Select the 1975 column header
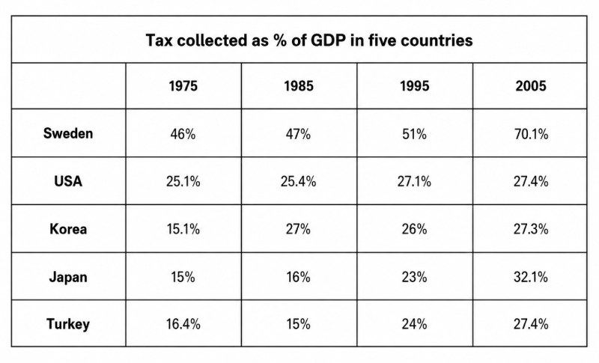(183, 86)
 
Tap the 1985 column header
(299, 86)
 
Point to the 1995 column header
(415, 86)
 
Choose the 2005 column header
(531, 86)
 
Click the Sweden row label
(68, 133)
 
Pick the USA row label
(68, 181)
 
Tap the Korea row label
(68, 229)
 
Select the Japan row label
(68, 277)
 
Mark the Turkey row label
(68, 324)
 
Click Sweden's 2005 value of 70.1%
(531, 134)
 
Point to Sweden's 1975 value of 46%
(183, 134)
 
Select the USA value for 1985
(298, 181)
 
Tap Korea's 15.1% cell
(183, 229)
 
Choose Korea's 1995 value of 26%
(414, 229)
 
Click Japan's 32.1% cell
(531, 277)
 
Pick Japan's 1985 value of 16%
(298, 277)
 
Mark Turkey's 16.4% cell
(183, 324)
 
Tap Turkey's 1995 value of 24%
(414, 324)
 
